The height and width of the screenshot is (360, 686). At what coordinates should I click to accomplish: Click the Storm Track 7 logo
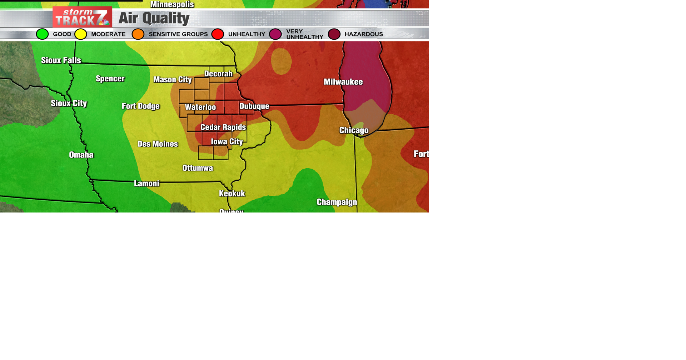(x=82, y=17)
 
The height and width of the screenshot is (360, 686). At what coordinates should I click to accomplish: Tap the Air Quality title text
(x=154, y=18)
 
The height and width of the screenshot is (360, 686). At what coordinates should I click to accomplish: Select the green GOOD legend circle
(x=42, y=34)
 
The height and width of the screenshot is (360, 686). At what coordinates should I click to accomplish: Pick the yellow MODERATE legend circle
(x=81, y=34)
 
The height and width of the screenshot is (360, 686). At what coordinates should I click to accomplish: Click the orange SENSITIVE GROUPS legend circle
(x=138, y=34)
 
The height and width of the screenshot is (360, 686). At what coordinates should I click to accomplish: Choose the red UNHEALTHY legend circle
(x=218, y=34)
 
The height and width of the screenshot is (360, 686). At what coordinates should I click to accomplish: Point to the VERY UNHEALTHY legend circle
(x=275, y=34)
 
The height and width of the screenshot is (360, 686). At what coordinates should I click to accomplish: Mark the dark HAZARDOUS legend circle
(x=334, y=34)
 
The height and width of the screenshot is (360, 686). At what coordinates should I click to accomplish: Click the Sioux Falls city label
(x=61, y=60)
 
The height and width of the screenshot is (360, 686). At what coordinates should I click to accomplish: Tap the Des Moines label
(x=158, y=144)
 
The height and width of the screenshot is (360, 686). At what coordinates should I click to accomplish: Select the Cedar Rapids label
(x=223, y=127)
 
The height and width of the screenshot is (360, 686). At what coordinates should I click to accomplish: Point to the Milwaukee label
(x=343, y=82)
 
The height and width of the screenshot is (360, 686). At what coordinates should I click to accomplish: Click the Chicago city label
(x=354, y=130)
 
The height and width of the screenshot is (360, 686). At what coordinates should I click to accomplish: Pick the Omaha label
(x=81, y=155)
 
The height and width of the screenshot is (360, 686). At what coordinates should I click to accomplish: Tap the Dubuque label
(x=254, y=106)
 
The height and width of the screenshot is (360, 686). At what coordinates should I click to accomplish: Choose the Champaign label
(x=337, y=202)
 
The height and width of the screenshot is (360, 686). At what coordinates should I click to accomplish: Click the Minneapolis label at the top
(x=172, y=4)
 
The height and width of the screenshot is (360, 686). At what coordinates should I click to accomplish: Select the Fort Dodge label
(x=140, y=106)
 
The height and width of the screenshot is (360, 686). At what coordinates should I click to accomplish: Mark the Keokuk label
(x=232, y=194)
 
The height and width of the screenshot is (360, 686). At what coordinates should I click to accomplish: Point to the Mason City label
(x=172, y=80)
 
